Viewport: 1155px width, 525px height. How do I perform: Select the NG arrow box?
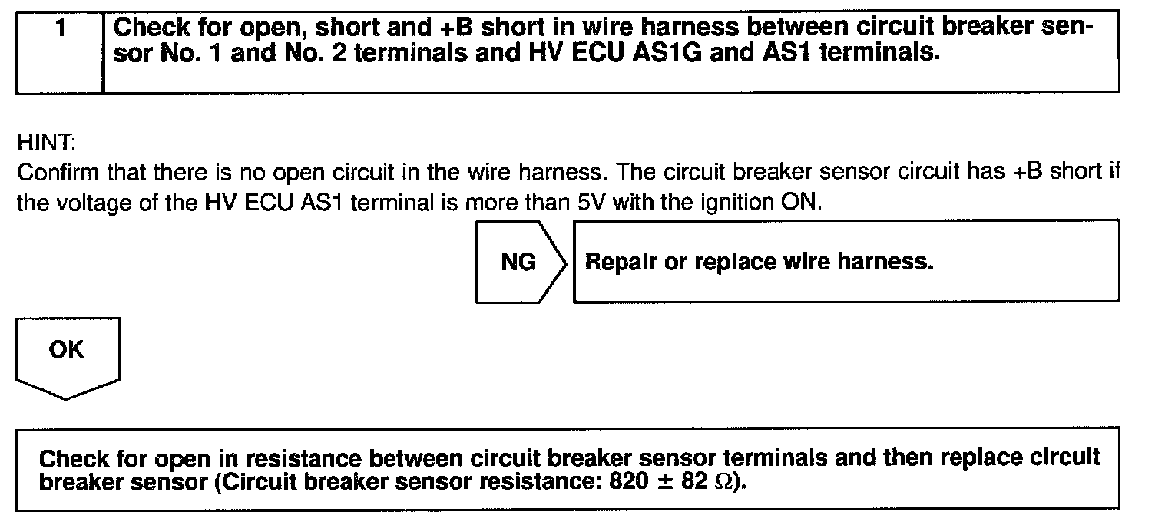tap(520, 262)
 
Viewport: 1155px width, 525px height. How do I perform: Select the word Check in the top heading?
tap(148, 29)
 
